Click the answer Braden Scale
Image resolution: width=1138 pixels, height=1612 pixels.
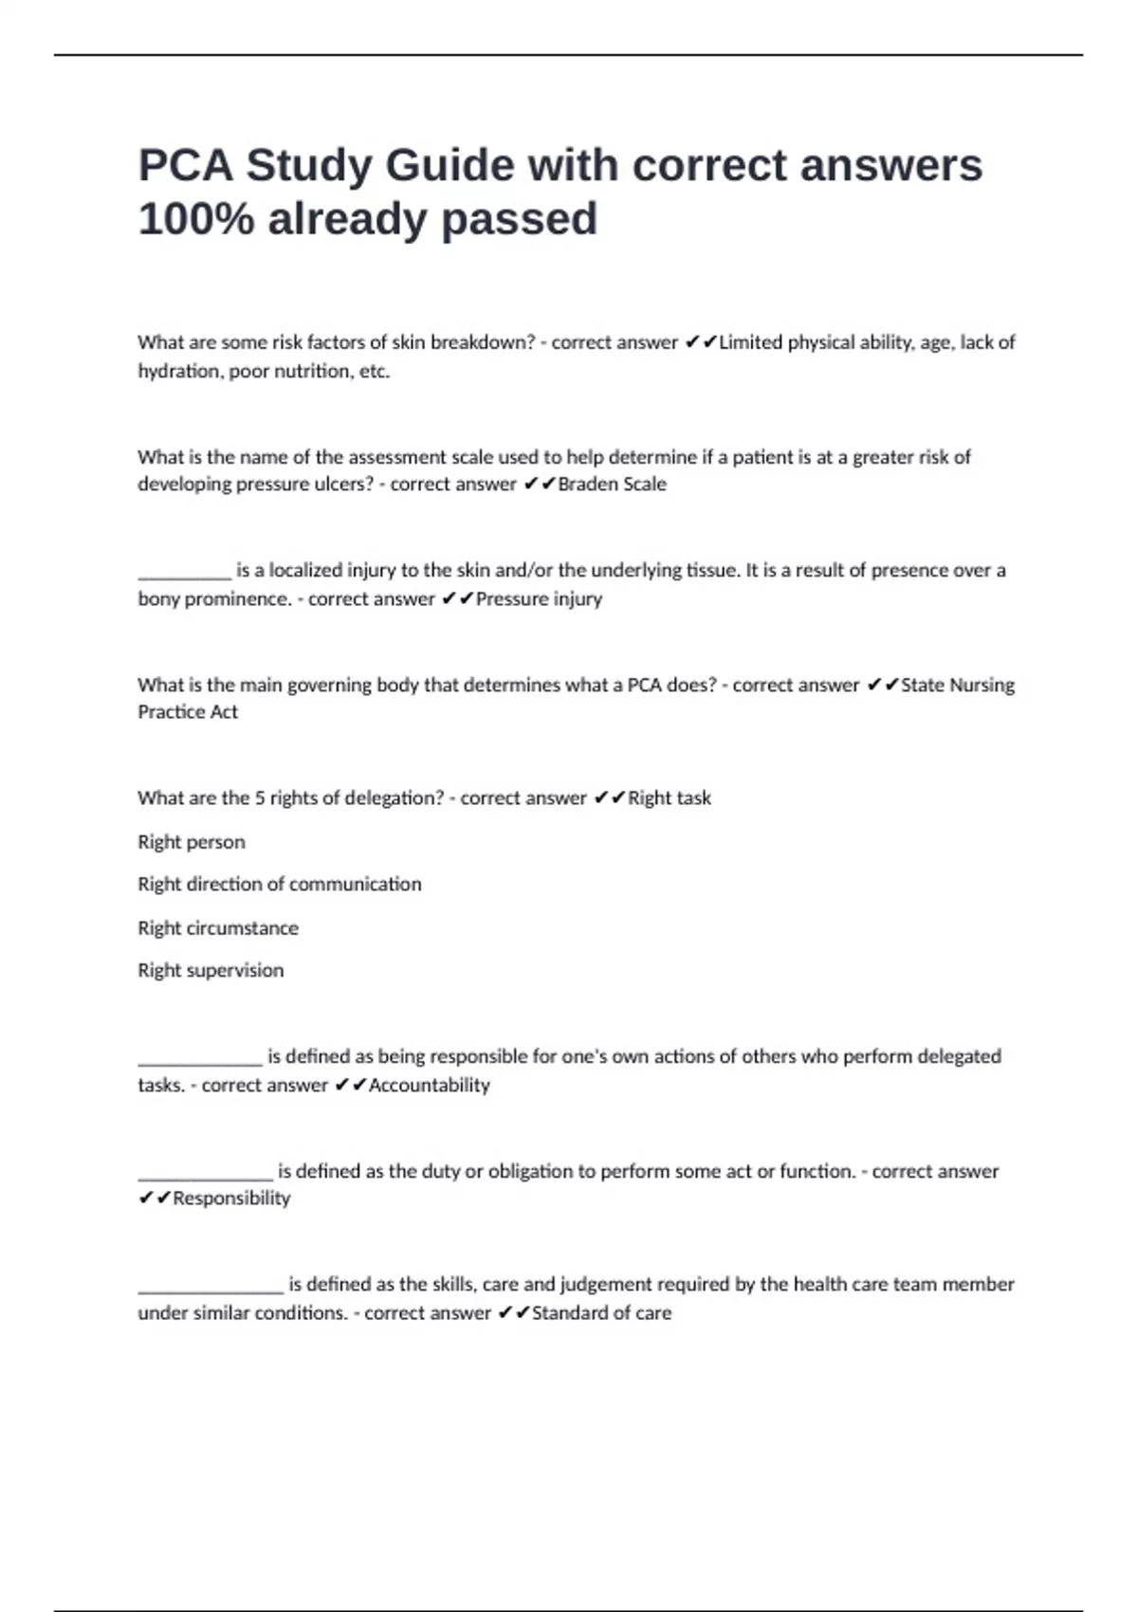612,485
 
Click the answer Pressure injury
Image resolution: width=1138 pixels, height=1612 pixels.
539,599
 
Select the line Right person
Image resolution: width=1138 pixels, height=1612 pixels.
192,842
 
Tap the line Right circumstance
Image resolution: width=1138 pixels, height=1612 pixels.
218,928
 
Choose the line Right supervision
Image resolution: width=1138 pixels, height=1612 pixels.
211,971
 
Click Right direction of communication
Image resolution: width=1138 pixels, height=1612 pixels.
280,885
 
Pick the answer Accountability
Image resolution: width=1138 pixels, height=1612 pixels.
429,1086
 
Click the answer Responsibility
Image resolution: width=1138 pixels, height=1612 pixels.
231,1199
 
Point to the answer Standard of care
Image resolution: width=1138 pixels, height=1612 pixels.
601,1313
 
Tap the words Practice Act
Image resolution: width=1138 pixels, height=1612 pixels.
188,712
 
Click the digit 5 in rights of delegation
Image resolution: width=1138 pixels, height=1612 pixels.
260,798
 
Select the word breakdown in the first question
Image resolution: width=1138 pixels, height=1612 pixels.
483,342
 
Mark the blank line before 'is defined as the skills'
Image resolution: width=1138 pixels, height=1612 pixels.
211,1287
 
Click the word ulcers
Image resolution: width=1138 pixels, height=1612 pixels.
343,485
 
